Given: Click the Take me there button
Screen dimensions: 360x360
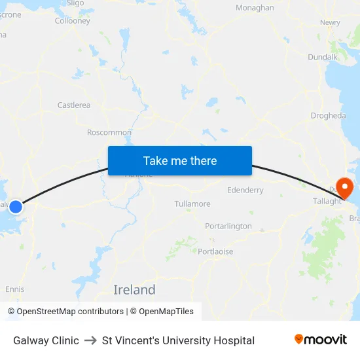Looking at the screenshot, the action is [x=179, y=160].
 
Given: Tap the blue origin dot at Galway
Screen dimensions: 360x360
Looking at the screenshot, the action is [x=16, y=206].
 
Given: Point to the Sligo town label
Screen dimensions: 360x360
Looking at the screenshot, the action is [x=75, y=3].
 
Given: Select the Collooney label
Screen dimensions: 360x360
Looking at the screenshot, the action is [x=73, y=21].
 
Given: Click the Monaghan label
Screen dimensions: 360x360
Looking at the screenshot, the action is [x=255, y=8].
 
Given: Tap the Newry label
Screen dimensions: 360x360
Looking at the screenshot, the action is [x=330, y=22].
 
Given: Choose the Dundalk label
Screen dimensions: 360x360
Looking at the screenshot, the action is [x=323, y=57].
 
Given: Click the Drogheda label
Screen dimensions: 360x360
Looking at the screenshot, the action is [x=328, y=116].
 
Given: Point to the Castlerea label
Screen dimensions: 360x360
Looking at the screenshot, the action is [x=74, y=105].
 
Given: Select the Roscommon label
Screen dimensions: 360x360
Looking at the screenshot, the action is [x=109, y=132].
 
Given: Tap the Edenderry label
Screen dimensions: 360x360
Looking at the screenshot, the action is [x=245, y=190].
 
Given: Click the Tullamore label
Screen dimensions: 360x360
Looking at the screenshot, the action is [x=192, y=204].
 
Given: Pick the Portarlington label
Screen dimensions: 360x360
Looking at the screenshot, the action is [x=228, y=226].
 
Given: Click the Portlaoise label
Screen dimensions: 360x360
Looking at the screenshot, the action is [x=215, y=251].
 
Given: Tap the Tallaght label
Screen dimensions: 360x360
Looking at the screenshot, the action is [x=327, y=201].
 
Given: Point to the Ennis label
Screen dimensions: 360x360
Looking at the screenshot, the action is [x=14, y=289].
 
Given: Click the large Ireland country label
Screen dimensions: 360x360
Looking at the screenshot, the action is [x=134, y=289].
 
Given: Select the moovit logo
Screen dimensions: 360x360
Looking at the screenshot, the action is [x=321, y=340].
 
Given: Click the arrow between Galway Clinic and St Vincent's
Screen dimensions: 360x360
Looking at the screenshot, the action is [x=90, y=340].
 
